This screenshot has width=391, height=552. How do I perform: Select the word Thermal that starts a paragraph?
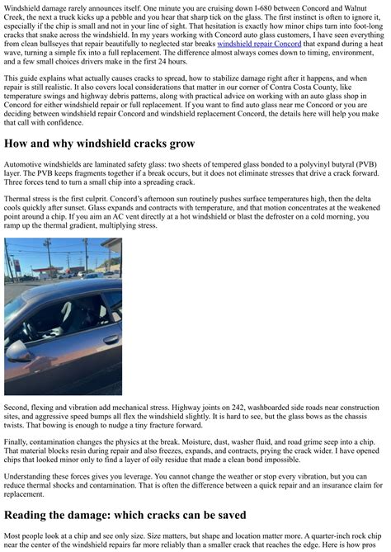click(18, 200)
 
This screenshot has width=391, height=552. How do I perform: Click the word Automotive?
click(25, 164)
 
